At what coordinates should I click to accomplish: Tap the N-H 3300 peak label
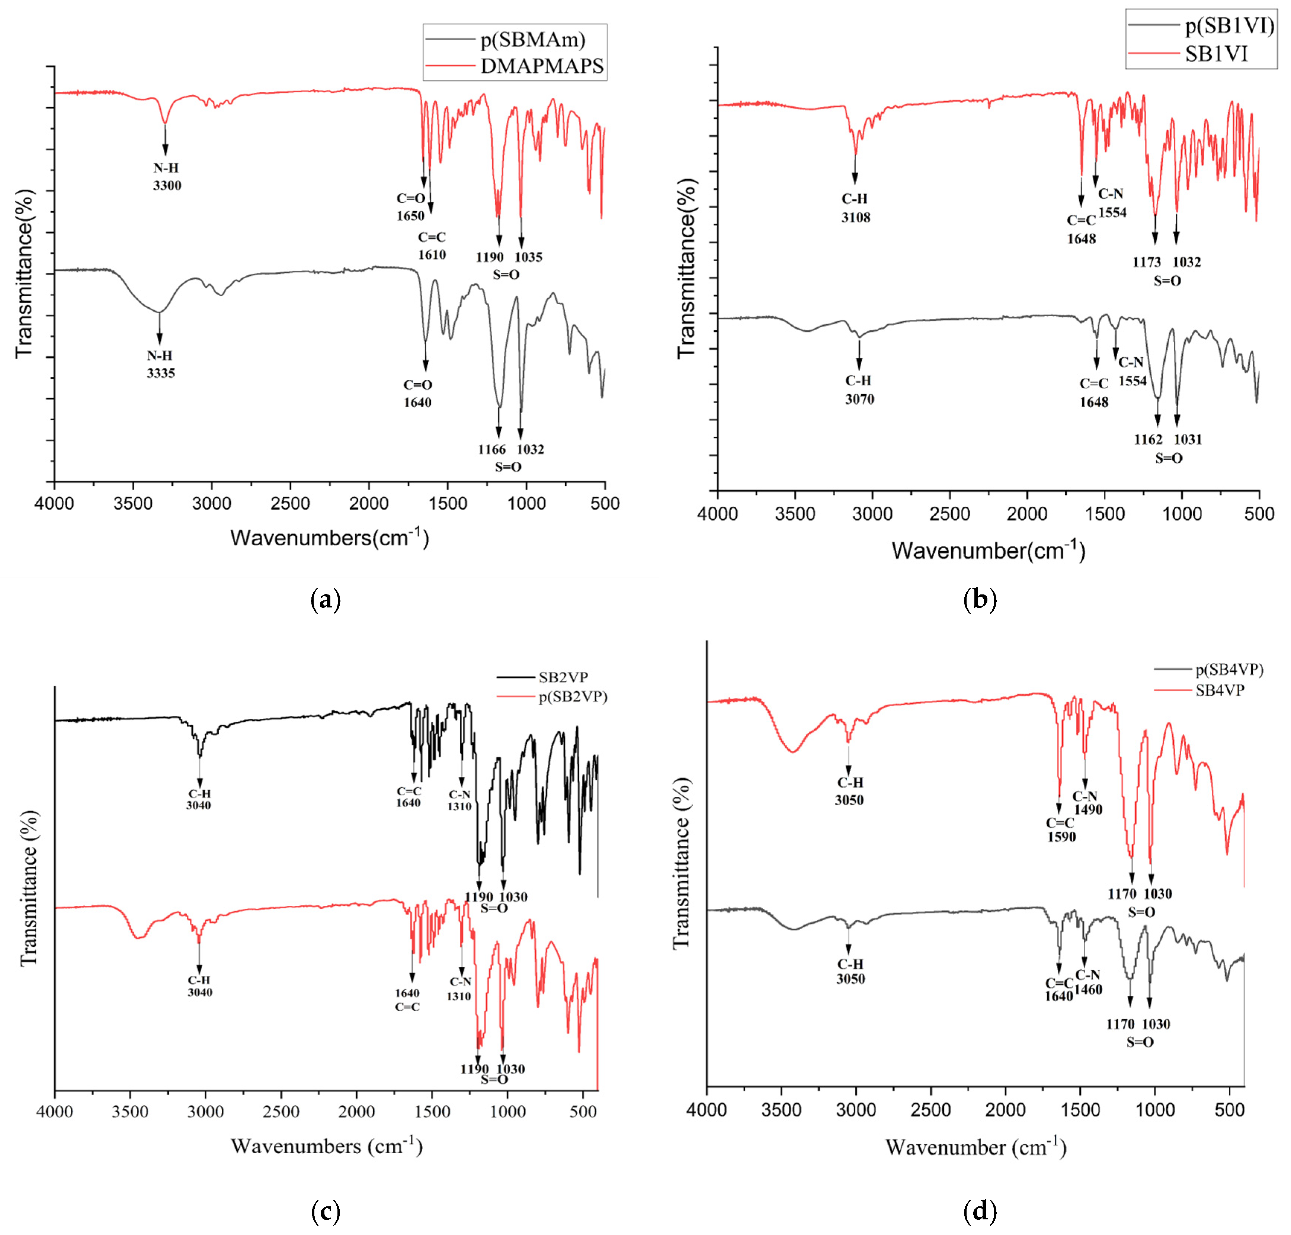point(167,176)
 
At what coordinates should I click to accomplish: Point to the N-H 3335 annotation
point(161,364)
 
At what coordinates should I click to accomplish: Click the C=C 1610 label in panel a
point(432,246)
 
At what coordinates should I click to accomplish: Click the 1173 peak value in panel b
point(1146,262)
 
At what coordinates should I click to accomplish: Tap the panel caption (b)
point(979,599)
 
